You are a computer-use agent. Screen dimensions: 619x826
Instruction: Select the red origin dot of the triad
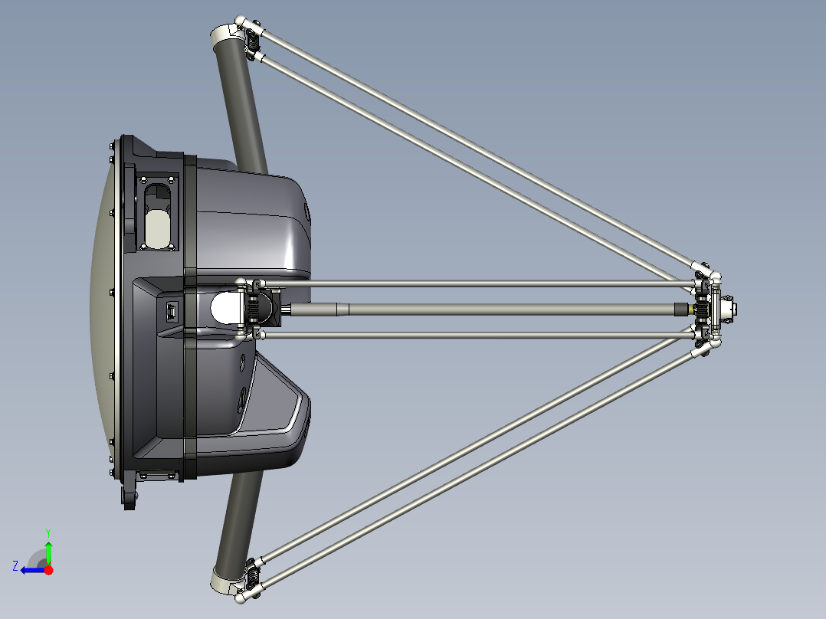click(48, 570)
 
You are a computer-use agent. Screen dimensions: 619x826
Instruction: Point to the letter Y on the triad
click(48, 532)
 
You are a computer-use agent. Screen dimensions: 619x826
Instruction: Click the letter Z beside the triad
click(15, 565)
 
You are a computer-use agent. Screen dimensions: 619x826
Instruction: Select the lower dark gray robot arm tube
click(239, 521)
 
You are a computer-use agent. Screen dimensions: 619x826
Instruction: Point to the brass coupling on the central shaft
click(698, 309)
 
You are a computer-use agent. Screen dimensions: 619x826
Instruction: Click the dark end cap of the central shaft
click(680, 309)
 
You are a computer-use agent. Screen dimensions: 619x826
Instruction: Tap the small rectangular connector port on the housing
click(172, 312)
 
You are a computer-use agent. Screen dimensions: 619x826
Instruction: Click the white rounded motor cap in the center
click(226, 308)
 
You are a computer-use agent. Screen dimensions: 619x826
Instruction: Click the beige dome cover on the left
click(103, 306)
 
